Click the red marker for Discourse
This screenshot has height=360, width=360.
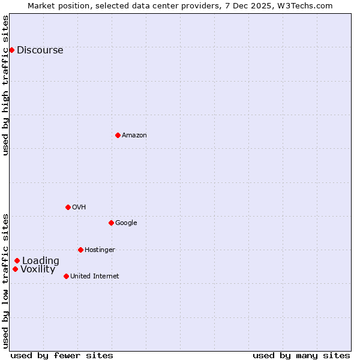point(11,50)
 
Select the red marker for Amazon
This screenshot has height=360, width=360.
point(118,135)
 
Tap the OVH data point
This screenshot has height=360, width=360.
point(68,207)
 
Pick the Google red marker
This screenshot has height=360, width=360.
point(111,223)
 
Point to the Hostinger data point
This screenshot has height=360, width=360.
point(80,250)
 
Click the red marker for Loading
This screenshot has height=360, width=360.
point(17,260)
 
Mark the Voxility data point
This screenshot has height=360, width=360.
point(15,269)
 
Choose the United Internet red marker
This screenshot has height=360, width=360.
point(66,276)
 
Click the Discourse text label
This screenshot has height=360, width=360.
point(40,50)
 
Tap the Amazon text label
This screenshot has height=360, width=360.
point(134,136)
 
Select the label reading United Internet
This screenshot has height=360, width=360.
point(94,277)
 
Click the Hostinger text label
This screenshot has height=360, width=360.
point(100,250)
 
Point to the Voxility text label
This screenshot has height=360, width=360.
point(38,269)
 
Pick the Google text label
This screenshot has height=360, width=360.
point(126,223)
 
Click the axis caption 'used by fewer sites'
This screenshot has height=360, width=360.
point(62,355)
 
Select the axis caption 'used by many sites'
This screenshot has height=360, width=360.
point(301,355)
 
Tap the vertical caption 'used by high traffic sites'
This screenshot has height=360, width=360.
point(6,85)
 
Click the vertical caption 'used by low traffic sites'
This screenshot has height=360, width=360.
point(6,281)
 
